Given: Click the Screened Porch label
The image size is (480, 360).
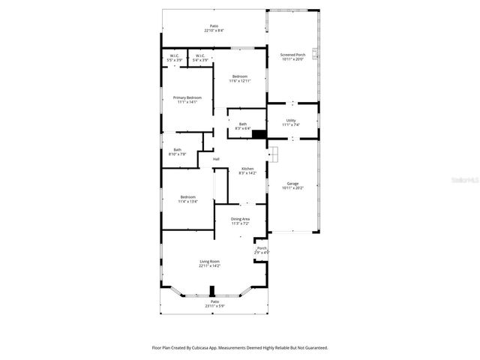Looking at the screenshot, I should (x=293, y=55).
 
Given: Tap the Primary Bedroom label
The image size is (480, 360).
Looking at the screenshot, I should (x=187, y=97).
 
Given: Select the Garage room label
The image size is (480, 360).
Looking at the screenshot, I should (x=292, y=184).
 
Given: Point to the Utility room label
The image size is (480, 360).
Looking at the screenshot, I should (x=291, y=120).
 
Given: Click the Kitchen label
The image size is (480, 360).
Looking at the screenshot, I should (x=247, y=169).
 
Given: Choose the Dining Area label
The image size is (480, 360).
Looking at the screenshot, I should (x=240, y=219).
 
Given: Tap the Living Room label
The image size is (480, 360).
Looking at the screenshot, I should (x=209, y=261).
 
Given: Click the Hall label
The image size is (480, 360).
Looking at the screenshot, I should (x=216, y=159).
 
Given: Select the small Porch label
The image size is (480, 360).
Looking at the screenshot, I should (x=262, y=248).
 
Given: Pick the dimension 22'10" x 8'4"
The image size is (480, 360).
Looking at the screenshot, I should (x=214, y=31).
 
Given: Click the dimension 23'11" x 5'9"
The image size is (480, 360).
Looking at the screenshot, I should (x=214, y=306).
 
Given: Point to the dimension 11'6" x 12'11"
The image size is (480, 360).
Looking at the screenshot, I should (x=240, y=81).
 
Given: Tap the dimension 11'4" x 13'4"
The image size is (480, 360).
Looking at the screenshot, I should (x=187, y=202).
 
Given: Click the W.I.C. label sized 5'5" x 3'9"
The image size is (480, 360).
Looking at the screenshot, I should (x=174, y=60).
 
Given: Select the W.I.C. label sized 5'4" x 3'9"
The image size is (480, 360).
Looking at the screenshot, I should (x=200, y=60).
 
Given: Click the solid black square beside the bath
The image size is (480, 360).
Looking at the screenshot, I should (x=259, y=135).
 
